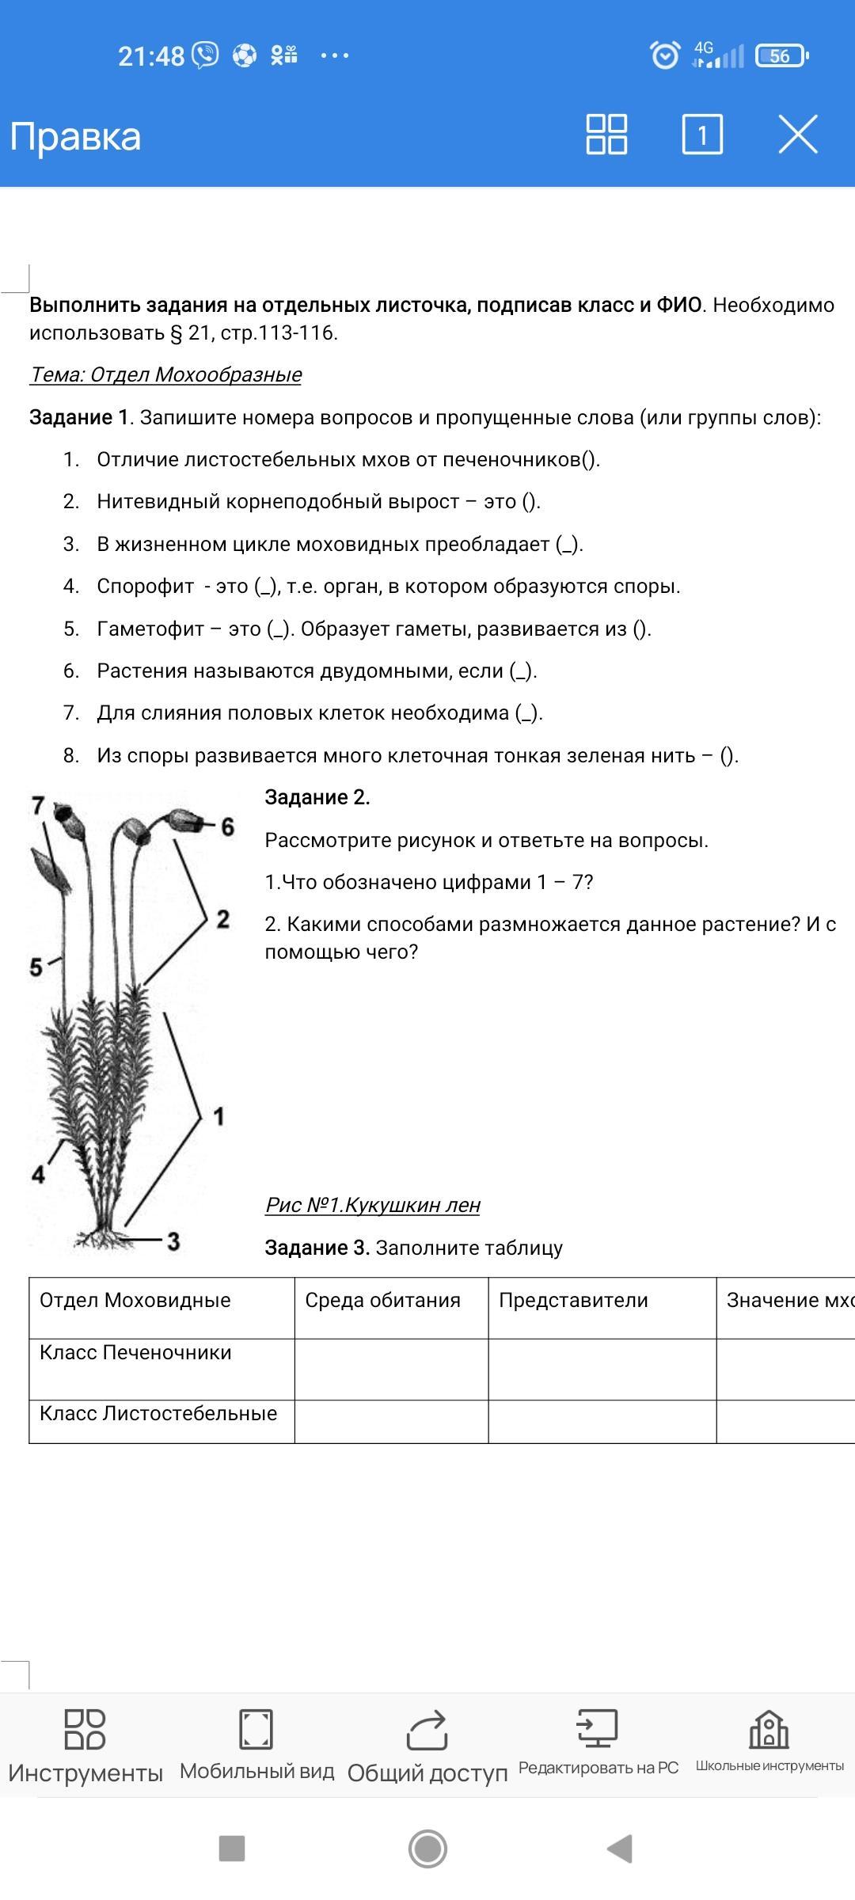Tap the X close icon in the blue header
point(797,134)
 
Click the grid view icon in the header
point(606,134)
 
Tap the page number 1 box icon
point(702,134)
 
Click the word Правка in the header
point(76,136)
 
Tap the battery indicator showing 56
point(781,55)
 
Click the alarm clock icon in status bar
point(664,55)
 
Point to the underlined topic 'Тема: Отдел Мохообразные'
point(165,374)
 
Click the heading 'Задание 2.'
point(317,797)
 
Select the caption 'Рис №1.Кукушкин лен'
point(373,1205)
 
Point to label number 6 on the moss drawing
point(228,826)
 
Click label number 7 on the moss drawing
point(38,805)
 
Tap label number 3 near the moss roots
point(173,1241)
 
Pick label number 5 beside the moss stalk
point(36,967)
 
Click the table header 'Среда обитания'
point(382,1300)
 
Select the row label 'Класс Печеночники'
point(135,1352)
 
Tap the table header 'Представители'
point(573,1300)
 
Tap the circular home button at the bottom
point(427,1849)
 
